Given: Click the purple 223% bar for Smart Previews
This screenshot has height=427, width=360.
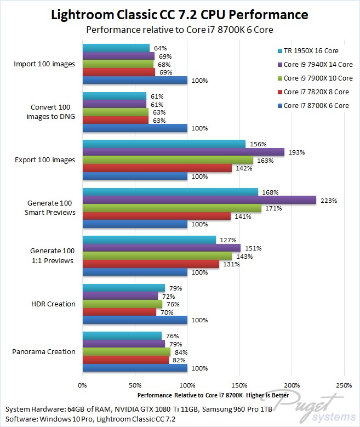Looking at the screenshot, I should coord(199,200).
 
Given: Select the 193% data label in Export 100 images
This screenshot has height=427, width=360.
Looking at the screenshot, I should coord(297,152).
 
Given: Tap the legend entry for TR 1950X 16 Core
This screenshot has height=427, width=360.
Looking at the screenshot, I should coord(310,51).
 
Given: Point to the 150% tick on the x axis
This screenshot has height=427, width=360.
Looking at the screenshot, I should coord(239,384).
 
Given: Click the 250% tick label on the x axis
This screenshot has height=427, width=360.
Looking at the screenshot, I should coord(344,384).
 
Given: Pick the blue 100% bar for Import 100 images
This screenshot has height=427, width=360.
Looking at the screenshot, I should coord(135,80).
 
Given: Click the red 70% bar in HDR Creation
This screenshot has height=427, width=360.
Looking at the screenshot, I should coord(119,312).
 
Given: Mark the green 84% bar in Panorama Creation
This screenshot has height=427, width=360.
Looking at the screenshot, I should coord(127,351).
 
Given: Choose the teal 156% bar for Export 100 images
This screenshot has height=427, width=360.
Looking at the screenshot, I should coord(164,144).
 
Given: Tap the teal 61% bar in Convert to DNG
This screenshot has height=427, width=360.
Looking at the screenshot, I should coord(115,96).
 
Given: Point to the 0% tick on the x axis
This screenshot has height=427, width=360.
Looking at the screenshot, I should coord(83,384).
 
